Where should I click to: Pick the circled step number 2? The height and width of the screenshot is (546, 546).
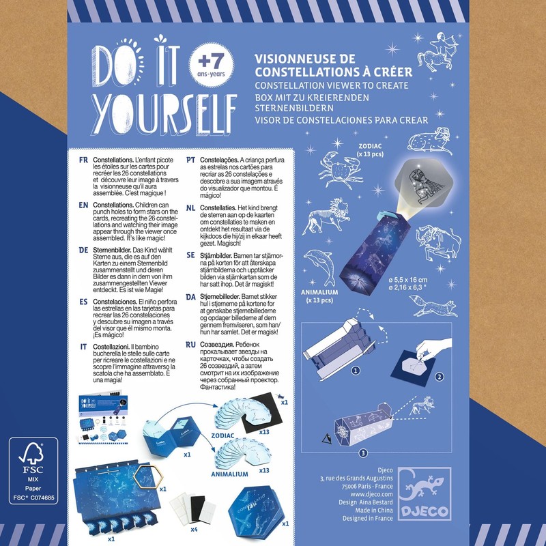pyautogui.click(x=440, y=376)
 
